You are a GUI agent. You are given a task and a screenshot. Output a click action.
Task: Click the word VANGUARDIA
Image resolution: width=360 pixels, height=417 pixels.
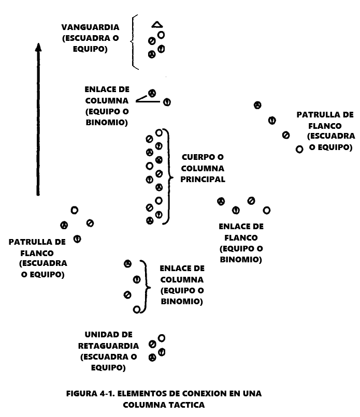coord(90,27)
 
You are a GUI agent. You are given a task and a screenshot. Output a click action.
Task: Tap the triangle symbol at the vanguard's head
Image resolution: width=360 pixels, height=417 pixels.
coord(157,24)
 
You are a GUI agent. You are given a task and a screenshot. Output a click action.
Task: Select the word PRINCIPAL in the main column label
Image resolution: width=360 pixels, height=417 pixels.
coord(203,180)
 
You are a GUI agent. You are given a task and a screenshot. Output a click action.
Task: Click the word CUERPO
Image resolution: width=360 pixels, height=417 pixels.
coord(196,157)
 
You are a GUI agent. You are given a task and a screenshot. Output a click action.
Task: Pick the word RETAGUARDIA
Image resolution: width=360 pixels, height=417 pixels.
coord(108,346)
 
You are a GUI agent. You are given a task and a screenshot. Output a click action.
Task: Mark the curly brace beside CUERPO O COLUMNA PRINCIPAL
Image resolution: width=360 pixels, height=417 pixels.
coord(167,176)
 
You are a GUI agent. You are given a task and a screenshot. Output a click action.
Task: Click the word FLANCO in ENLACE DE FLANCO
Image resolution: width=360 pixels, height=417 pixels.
coord(241,238)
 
